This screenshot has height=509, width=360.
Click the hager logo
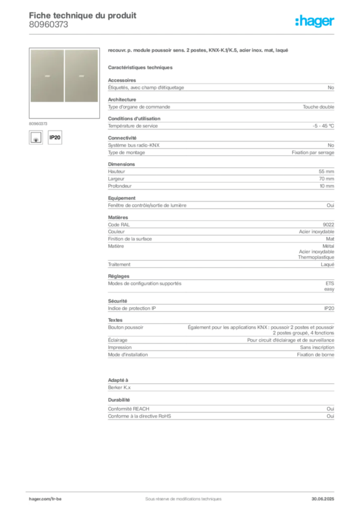315,21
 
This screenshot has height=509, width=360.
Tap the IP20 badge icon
55,137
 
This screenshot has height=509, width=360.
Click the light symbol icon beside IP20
36,137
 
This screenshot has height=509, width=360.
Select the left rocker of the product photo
47,76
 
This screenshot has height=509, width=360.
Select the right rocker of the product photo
82,76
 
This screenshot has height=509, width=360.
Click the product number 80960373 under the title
48,25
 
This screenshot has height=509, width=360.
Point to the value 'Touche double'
318,107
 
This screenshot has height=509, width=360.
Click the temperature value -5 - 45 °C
323,126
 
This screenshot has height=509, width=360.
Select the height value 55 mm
326,171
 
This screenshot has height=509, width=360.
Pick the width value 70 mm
326,179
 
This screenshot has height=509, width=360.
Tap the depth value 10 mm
327,186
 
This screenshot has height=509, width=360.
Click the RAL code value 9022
329,225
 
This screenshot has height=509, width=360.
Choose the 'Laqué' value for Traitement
328,264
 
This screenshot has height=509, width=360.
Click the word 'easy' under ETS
329,289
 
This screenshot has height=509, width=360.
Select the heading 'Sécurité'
117,301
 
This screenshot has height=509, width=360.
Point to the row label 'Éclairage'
117,340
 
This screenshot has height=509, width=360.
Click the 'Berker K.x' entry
119,388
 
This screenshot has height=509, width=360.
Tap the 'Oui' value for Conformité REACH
331,409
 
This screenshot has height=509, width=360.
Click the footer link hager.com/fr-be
45,499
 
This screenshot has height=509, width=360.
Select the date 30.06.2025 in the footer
323,499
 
